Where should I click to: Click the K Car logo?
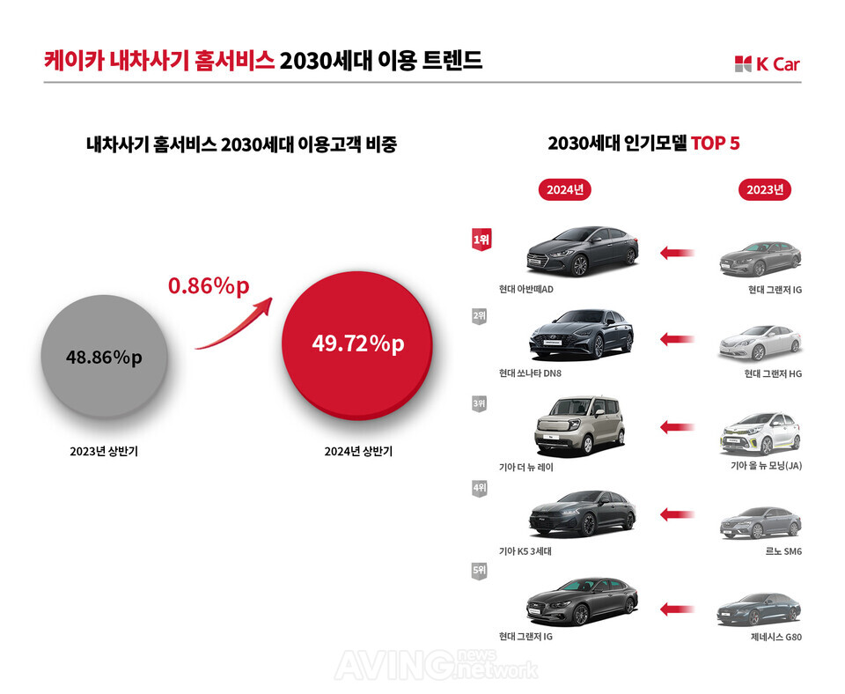click(767, 63)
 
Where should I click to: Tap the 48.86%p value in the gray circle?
click(104, 357)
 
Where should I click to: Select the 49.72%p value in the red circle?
click(358, 343)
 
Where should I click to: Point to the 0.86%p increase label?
click(209, 285)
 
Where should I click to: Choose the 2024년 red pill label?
click(565, 190)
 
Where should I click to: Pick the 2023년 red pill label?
click(765, 190)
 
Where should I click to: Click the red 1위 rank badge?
click(481, 240)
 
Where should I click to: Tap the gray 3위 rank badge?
click(479, 404)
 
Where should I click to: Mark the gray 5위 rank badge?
click(479, 571)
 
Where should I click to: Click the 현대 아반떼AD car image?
click(582, 251)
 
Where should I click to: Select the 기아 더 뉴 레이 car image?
click(580, 426)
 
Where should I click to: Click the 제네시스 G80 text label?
click(776, 637)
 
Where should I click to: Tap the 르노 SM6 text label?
click(783, 551)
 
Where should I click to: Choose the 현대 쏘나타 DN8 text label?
click(530, 373)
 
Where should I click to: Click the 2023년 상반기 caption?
click(104, 451)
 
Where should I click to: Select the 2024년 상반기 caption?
click(358, 451)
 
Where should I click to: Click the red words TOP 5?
click(715, 144)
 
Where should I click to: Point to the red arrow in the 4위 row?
click(678, 513)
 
